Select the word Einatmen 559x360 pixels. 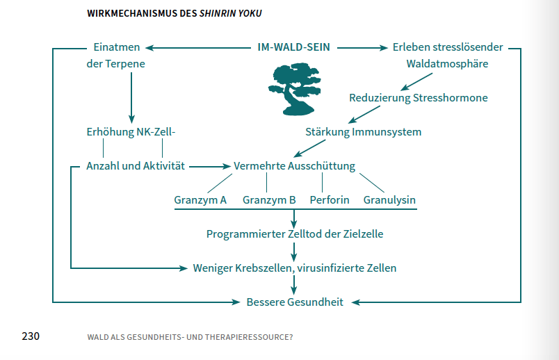(117, 47)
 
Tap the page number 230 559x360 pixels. (30, 336)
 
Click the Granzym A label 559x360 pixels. (200, 200)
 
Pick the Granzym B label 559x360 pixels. (269, 200)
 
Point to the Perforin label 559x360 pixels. (330, 200)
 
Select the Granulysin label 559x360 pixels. (389, 200)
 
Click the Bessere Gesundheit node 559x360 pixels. (295, 302)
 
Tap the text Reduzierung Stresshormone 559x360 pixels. (419, 98)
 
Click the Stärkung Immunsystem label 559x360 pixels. (363, 131)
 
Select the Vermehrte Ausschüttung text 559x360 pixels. (295, 166)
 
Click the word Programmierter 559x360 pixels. (245, 234)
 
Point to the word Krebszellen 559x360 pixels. (264, 268)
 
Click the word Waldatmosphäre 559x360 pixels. (447, 64)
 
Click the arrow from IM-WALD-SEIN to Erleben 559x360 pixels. (362, 48)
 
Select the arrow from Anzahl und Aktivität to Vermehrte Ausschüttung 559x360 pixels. (209, 167)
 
